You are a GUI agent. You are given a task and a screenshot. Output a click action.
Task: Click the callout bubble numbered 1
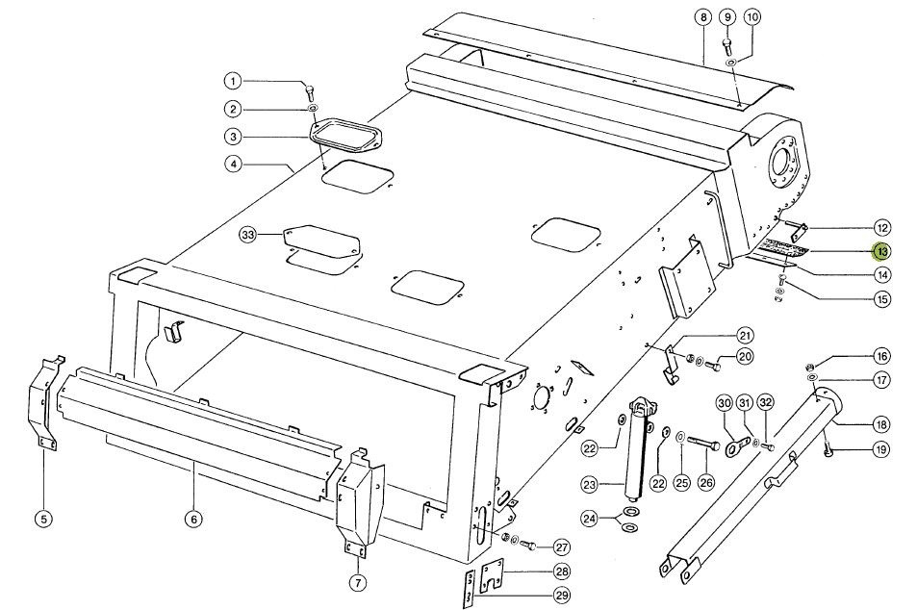[234, 80]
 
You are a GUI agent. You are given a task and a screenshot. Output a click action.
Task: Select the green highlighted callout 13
[881, 251]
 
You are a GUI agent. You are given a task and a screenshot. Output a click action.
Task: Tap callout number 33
[248, 236]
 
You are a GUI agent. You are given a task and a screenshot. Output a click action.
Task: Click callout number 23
[589, 484]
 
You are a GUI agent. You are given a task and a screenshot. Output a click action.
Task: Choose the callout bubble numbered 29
[561, 594]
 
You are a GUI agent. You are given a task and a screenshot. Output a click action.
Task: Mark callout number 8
[703, 18]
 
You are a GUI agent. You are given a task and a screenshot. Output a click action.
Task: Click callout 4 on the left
[234, 164]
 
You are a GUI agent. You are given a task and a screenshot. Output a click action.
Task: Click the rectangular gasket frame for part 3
[346, 135]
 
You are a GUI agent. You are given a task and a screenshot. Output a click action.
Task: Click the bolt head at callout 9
[727, 43]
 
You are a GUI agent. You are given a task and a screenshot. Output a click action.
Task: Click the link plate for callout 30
[738, 446]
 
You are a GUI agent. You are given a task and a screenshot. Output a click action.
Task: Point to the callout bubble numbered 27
[561, 546]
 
